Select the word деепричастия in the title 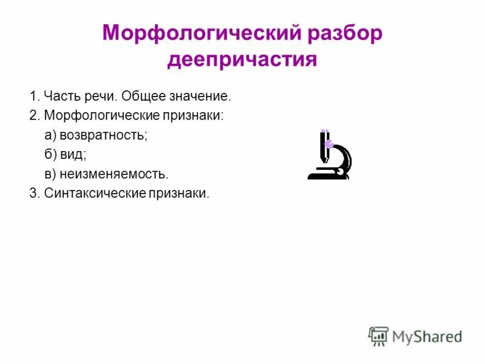tap(242, 60)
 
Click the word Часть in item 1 tap(59, 96)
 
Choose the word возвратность tap(104, 135)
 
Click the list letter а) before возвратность tap(50, 135)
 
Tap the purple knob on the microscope tap(329, 144)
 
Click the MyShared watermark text tap(427, 336)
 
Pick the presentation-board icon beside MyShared tap(378, 335)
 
